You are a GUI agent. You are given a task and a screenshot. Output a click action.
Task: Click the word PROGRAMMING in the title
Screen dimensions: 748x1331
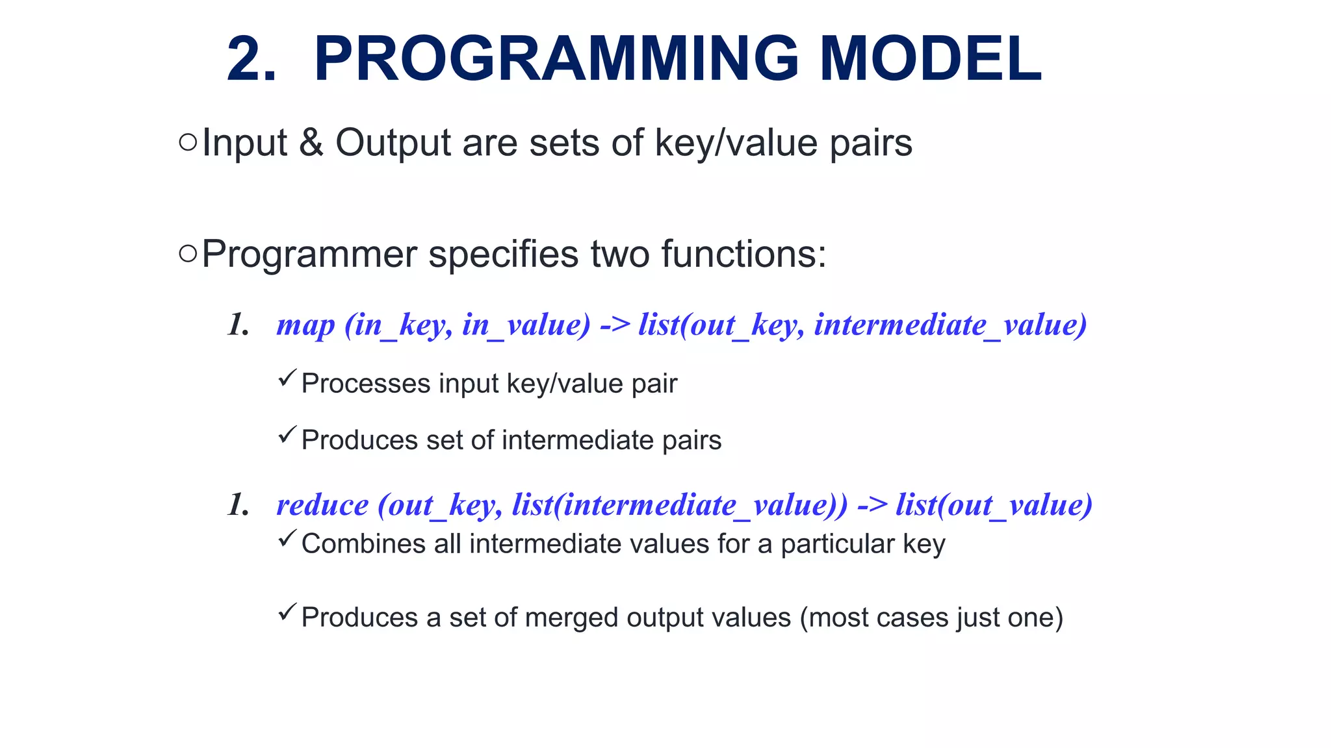[556, 60]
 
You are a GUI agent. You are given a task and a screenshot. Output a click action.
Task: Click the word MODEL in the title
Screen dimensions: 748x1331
[931, 60]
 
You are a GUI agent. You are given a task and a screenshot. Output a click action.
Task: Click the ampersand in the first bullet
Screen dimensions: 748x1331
[311, 143]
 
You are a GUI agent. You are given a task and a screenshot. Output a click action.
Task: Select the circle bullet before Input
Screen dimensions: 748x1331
[187, 142]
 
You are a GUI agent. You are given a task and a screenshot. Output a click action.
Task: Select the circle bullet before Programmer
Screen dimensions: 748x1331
[187, 254]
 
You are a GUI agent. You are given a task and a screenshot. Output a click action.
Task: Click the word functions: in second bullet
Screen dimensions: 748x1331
[743, 254]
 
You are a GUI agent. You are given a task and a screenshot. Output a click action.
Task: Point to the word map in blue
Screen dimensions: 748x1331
[305, 325]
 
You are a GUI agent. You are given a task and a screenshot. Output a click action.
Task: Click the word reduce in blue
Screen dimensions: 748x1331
[322, 505]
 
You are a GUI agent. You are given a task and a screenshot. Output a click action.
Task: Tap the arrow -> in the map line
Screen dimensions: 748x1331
[615, 324]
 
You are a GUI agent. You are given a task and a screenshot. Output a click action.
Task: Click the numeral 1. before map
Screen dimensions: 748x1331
[239, 325]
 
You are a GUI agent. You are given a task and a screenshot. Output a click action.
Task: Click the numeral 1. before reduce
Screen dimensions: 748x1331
[239, 505]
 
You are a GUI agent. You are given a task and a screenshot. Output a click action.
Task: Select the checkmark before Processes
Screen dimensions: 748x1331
[287, 378]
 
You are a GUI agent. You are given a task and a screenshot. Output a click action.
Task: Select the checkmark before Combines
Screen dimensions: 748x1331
[287, 538]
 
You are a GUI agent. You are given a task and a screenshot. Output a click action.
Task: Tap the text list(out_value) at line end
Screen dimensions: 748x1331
[994, 505]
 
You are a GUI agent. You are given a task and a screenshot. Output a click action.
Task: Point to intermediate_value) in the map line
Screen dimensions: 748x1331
[950, 325]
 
